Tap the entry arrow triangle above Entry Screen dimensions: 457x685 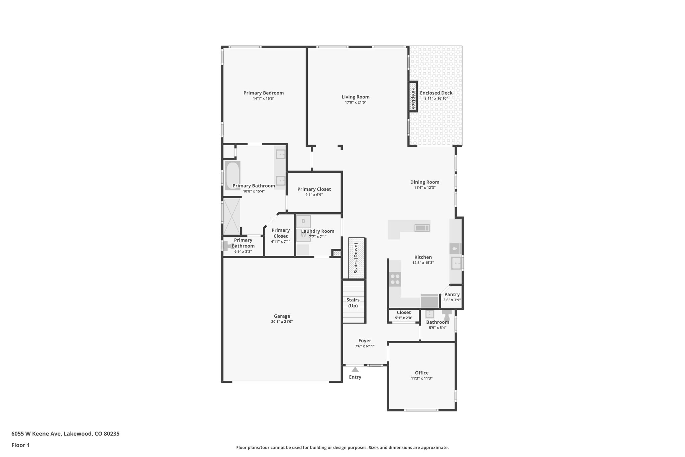(355, 369)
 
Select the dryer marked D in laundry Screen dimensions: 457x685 (303, 221)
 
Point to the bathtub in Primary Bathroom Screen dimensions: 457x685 (232, 176)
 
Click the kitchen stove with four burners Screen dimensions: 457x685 (395, 279)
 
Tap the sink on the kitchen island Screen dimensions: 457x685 (422, 228)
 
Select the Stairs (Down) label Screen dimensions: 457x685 (356, 258)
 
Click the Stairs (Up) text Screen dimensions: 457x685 (353, 303)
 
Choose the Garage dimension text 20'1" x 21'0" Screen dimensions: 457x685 (282, 322)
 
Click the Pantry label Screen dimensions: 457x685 (452, 295)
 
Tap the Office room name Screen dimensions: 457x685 (421, 373)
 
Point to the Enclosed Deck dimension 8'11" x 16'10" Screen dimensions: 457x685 (436, 98)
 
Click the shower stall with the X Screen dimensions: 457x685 (231, 216)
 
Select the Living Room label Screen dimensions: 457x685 (355, 97)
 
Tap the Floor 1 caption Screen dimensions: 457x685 (20, 445)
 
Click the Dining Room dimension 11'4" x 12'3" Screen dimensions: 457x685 (424, 188)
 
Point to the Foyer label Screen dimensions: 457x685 (365, 340)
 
